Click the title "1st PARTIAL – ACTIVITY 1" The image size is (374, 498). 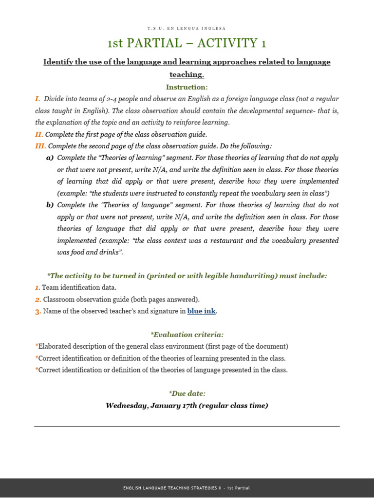click(187, 44)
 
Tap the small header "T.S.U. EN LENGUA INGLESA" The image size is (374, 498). click(187, 28)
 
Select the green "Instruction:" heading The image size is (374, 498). click(187, 87)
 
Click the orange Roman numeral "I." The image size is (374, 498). click(37, 99)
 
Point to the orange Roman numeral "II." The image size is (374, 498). click(39, 134)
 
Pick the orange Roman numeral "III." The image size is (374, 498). click(40, 146)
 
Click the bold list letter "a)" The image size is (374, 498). click(50, 158)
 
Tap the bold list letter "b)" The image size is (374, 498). click(50, 205)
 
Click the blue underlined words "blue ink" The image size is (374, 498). click(201, 311)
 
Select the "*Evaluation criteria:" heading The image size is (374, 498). click(187, 335)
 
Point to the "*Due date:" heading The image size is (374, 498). click(187, 393)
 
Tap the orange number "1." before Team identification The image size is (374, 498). click(37, 288)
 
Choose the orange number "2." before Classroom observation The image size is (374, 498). click(38, 300)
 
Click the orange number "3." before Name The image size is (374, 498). click(38, 312)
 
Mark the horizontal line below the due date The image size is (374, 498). click(187, 427)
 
